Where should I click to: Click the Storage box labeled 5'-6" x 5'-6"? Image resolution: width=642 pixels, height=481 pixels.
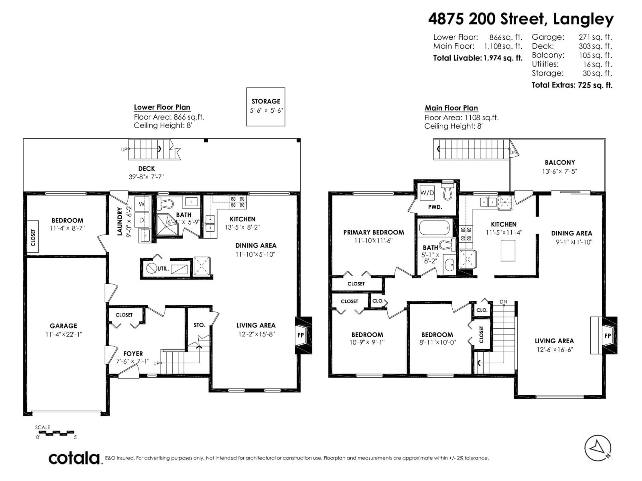[265, 107]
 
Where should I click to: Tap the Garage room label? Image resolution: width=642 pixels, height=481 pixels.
[63, 326]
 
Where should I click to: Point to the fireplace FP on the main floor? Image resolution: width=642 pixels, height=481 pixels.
[607, 336]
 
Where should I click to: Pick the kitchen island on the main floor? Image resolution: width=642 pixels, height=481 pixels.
[508, 251]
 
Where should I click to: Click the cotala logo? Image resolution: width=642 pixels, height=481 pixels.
[74, 459]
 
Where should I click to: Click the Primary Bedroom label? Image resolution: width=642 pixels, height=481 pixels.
[373, 232]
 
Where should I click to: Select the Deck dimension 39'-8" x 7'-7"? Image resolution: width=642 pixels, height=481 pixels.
[146, 177]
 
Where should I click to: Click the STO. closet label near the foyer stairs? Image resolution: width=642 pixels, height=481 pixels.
[199, 325]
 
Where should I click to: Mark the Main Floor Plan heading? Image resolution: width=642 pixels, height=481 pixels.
[451, 108]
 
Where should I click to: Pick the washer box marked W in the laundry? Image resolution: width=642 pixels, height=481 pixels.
[142, 204]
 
